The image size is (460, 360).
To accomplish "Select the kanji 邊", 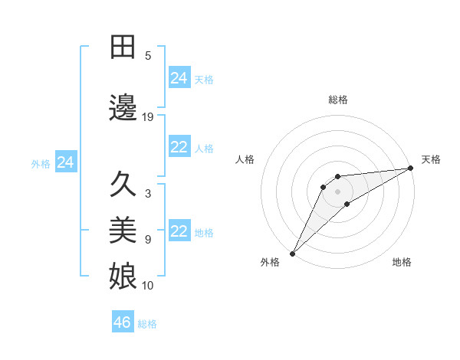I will (x=123, y=105).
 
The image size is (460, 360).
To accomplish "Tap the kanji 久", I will (x=123, y=185).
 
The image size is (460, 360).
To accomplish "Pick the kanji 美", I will (x=123, y=229).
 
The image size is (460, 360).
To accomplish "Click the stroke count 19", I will (x=148, y=117).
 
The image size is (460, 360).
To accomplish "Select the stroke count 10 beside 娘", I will (x=148, y=286).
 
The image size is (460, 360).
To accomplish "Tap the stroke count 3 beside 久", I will (x=148, y=194).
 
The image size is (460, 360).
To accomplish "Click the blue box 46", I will (x=122, y=322).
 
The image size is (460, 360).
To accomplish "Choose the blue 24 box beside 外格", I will (x=65, y=162).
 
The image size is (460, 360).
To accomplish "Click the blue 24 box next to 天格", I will (x=179, y=78).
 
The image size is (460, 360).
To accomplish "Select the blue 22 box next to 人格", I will (x=179, y=147).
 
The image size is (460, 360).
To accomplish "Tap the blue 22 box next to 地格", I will (x=179, y=231).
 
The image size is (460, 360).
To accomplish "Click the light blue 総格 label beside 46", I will (x=147, y=324).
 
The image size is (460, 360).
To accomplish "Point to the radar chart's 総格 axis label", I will (x=338, y=100).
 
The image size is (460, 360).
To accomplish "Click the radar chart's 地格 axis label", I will (x=402, y=262).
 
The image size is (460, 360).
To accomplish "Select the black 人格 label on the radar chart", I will (x=245, y=159).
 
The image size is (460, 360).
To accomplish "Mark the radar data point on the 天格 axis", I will (x=411, y=169).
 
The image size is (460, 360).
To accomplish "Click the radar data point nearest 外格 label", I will (x=292, y=253).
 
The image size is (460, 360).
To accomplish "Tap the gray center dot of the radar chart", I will (x=338, y=191).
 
